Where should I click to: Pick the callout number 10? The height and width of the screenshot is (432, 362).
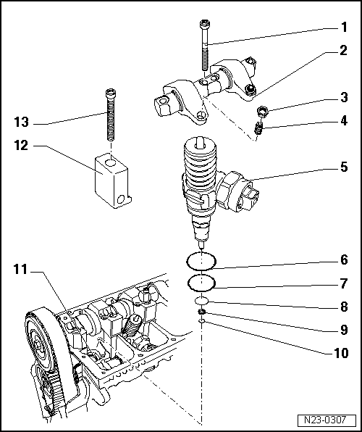340,354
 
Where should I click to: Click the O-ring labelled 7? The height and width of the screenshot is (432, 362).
201,282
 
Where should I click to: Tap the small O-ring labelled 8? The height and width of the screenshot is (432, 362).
202,300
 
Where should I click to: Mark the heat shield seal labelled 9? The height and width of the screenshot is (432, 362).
202,312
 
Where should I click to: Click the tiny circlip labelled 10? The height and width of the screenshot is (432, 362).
202,322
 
